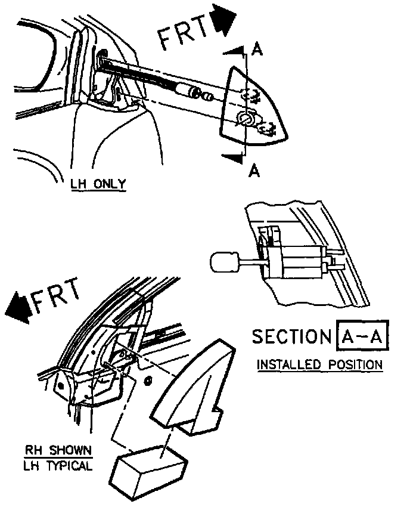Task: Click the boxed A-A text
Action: click(x=364, y=337)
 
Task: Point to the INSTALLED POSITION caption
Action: click(x=319, y=364)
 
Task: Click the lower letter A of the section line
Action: click(x=254, y=171)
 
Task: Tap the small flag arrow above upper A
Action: click(x=237, y=52)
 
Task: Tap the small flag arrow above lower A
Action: click(x=232, y=156)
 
